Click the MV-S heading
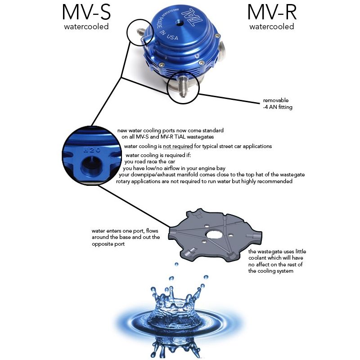pos(86,12)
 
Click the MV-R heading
pos(272,12)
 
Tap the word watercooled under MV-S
pos(86,27)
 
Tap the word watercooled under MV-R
pos(272,27)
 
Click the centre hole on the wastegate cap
pos(178,23)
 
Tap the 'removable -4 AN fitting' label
pos(278,103)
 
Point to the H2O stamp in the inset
pos(91,150)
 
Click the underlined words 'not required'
pos(178,146)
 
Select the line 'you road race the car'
pos(150,162)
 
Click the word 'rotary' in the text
pos(123,181)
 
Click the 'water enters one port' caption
pos(126,238)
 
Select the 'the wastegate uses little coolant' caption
pos(277,261)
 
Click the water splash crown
pos(175,303)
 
